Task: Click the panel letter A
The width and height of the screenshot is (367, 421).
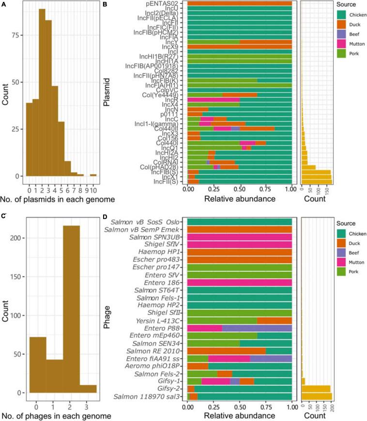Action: pos(4,3)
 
